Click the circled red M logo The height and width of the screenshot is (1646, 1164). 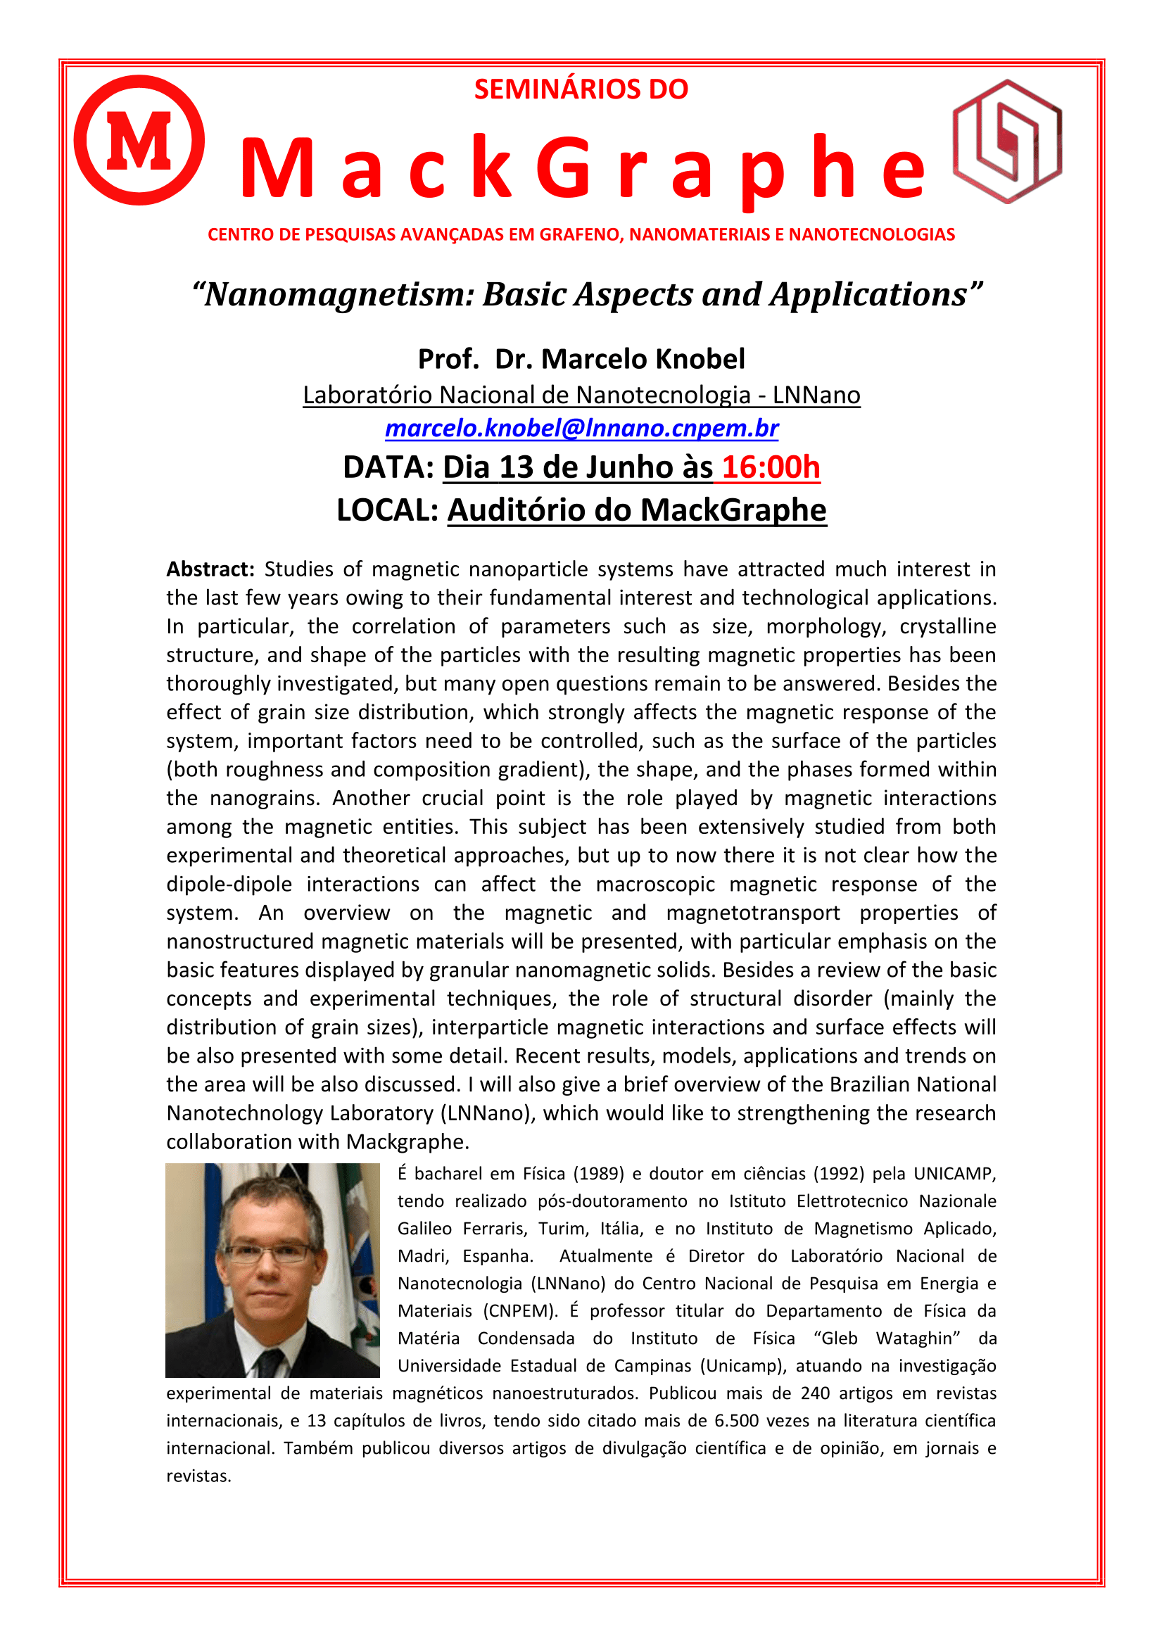(139, 140)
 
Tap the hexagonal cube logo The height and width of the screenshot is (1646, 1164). (1007, 141)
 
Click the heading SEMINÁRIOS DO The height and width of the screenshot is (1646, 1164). (581, 89)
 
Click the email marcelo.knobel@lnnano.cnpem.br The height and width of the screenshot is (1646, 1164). (581, 428)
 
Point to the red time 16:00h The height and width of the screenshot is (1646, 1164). (771, 467)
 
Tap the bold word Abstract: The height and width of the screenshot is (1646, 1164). (210, 569)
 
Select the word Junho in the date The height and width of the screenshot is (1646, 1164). (631, 467)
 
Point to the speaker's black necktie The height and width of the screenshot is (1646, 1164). (270, 1362)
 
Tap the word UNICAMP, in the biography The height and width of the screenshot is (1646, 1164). (955, 1174)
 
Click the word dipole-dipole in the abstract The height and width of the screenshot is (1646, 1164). (229, 884)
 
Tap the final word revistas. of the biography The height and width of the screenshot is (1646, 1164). (198, 1476)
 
